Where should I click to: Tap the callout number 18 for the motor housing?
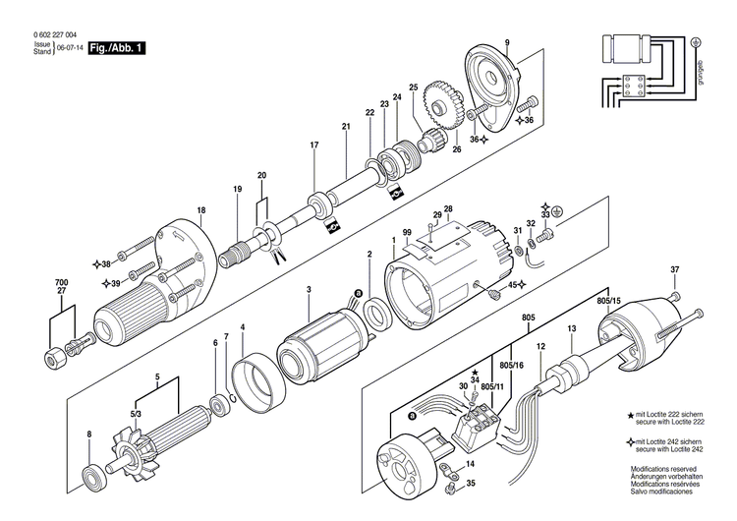tap(201, 210)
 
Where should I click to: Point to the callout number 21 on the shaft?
tap(346, 127)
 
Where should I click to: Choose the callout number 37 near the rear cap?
tap(674, 269)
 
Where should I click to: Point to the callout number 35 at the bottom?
tap(472, 484)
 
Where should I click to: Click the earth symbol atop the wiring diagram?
tap(696, 42)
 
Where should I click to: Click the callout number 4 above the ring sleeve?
tap(243, 326)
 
